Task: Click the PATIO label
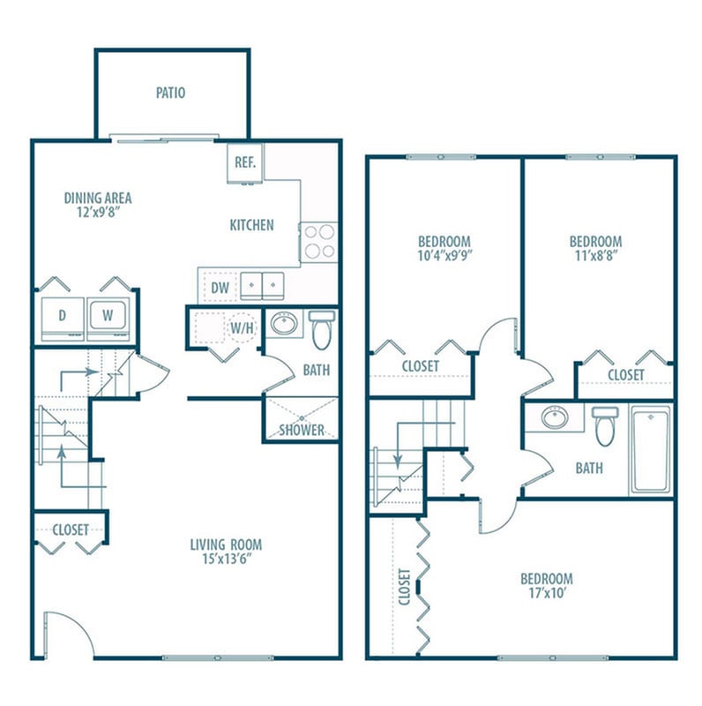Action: (170, 93)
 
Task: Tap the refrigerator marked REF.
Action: (244, 163)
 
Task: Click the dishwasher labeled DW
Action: (220, 286)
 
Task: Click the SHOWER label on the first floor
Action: (302, 430)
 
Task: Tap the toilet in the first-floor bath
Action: (321, 330)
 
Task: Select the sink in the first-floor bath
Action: (285, 325)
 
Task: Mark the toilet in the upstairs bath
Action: (605, 425)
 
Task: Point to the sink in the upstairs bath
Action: (556, 417)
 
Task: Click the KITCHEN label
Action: (251, 225)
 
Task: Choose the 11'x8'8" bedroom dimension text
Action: (595, 257)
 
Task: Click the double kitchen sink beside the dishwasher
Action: (263, 286)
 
